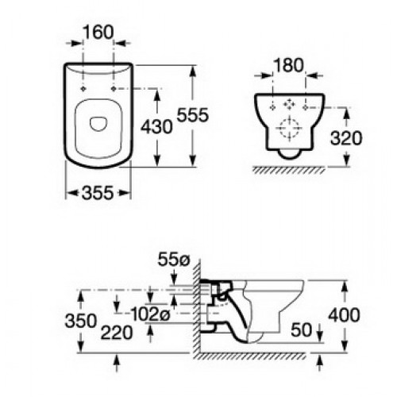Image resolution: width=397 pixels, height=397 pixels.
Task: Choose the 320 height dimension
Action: click(348, 137)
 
